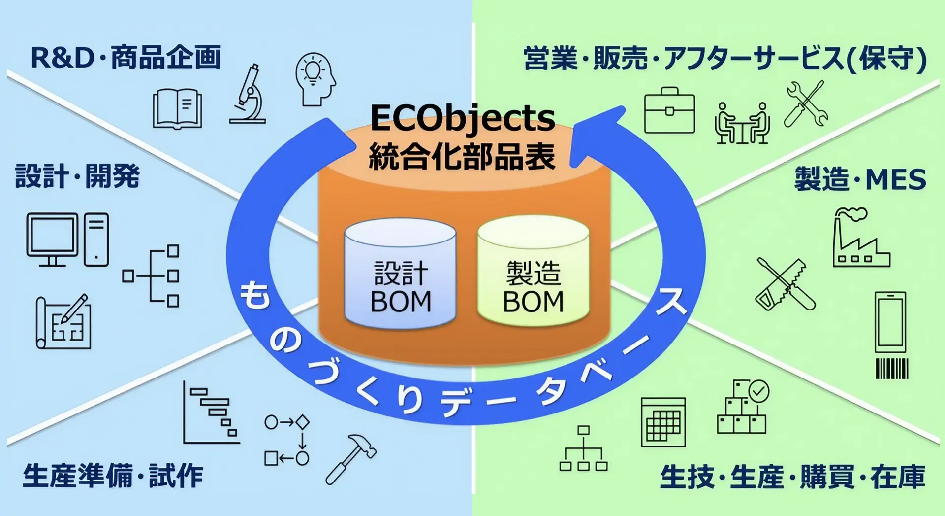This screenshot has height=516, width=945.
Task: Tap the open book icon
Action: click(177, 108)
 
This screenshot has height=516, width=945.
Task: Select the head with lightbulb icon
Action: click(315, 79)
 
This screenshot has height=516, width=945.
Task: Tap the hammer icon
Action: click(350, 458)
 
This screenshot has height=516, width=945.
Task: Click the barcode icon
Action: click(892, 369)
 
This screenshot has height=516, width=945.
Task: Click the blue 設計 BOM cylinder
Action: click(400, 274)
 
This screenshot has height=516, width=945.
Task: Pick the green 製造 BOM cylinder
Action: click(533, 271)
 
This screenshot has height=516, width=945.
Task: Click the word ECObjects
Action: click(462, 118)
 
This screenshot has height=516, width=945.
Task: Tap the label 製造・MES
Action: click(860, 179)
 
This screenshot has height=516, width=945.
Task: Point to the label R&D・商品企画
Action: click(126, 58)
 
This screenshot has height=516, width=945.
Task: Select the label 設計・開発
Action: click(78, 176)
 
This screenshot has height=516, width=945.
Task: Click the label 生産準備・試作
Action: click(113, 476)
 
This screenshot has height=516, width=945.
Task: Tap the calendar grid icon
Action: click(663, 422)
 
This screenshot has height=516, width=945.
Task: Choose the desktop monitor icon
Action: click(52, 240)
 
